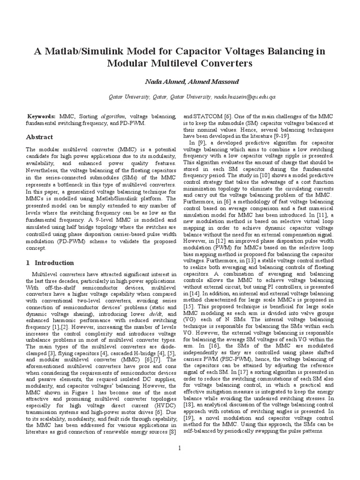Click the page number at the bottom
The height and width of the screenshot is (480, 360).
click(x=180, y=448)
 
